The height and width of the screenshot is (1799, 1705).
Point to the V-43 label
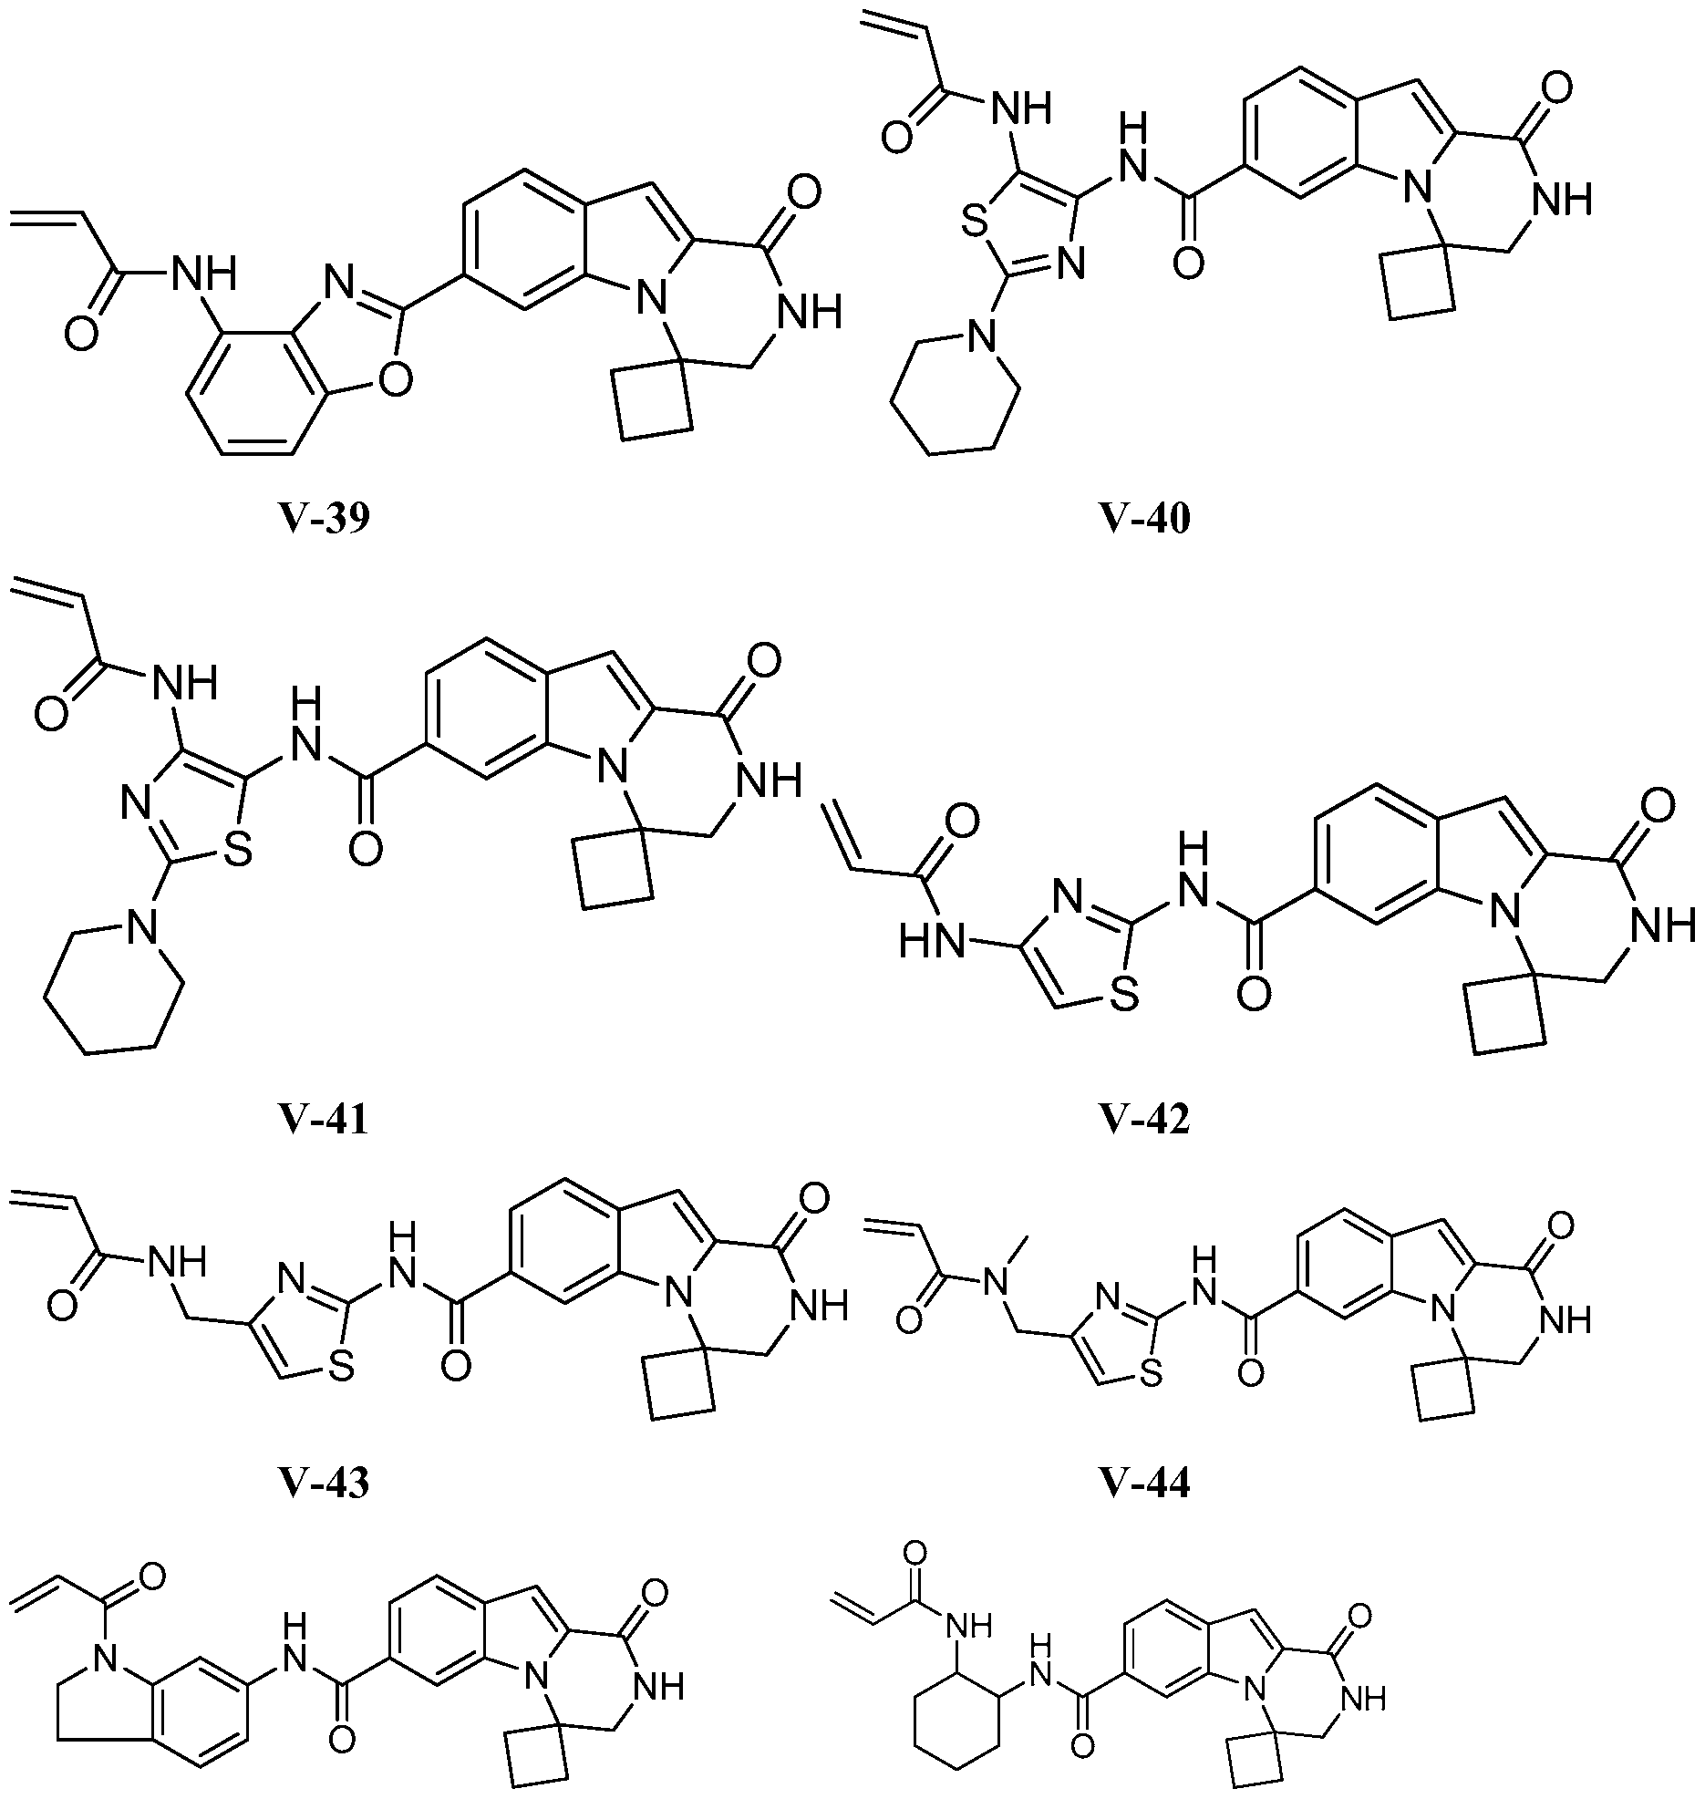(x=324, y=1484)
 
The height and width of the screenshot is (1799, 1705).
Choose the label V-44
(x=1143, y=1484)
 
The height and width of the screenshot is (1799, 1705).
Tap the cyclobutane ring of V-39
(x=653, y=402)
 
